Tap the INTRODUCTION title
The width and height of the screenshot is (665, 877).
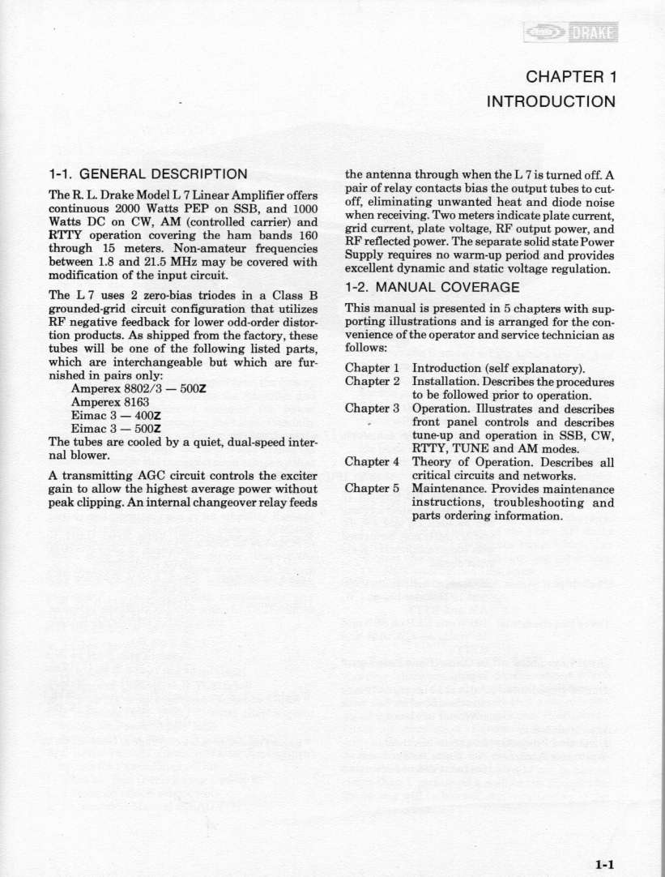pyautogui.click(x=550, y=102)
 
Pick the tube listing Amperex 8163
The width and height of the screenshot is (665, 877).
pyautogui.click(x=104, y=400)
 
